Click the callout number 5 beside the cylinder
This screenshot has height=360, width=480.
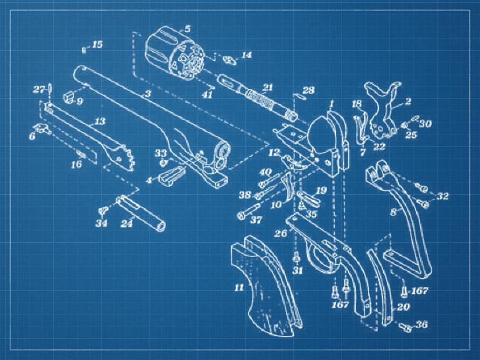(x=187, y=29)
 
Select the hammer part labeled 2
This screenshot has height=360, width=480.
(x=383, y=109)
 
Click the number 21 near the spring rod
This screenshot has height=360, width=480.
(x=267, y=88)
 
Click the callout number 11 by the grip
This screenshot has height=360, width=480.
(x=239, y=287)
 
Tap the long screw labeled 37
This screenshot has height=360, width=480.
(x=249, y=211)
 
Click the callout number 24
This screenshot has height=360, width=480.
(x=126, y=223)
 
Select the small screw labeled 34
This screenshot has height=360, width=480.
(x=103, y=210)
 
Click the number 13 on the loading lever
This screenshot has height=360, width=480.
(x=100, y=121)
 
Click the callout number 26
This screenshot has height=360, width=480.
(x=280, y=234)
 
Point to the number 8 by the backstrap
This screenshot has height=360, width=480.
(x=394, y=212)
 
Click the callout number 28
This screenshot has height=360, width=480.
(x=308, y=90)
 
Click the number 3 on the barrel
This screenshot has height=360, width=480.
(x=148, y=94)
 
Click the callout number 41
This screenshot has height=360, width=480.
(x=207, y=95)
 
